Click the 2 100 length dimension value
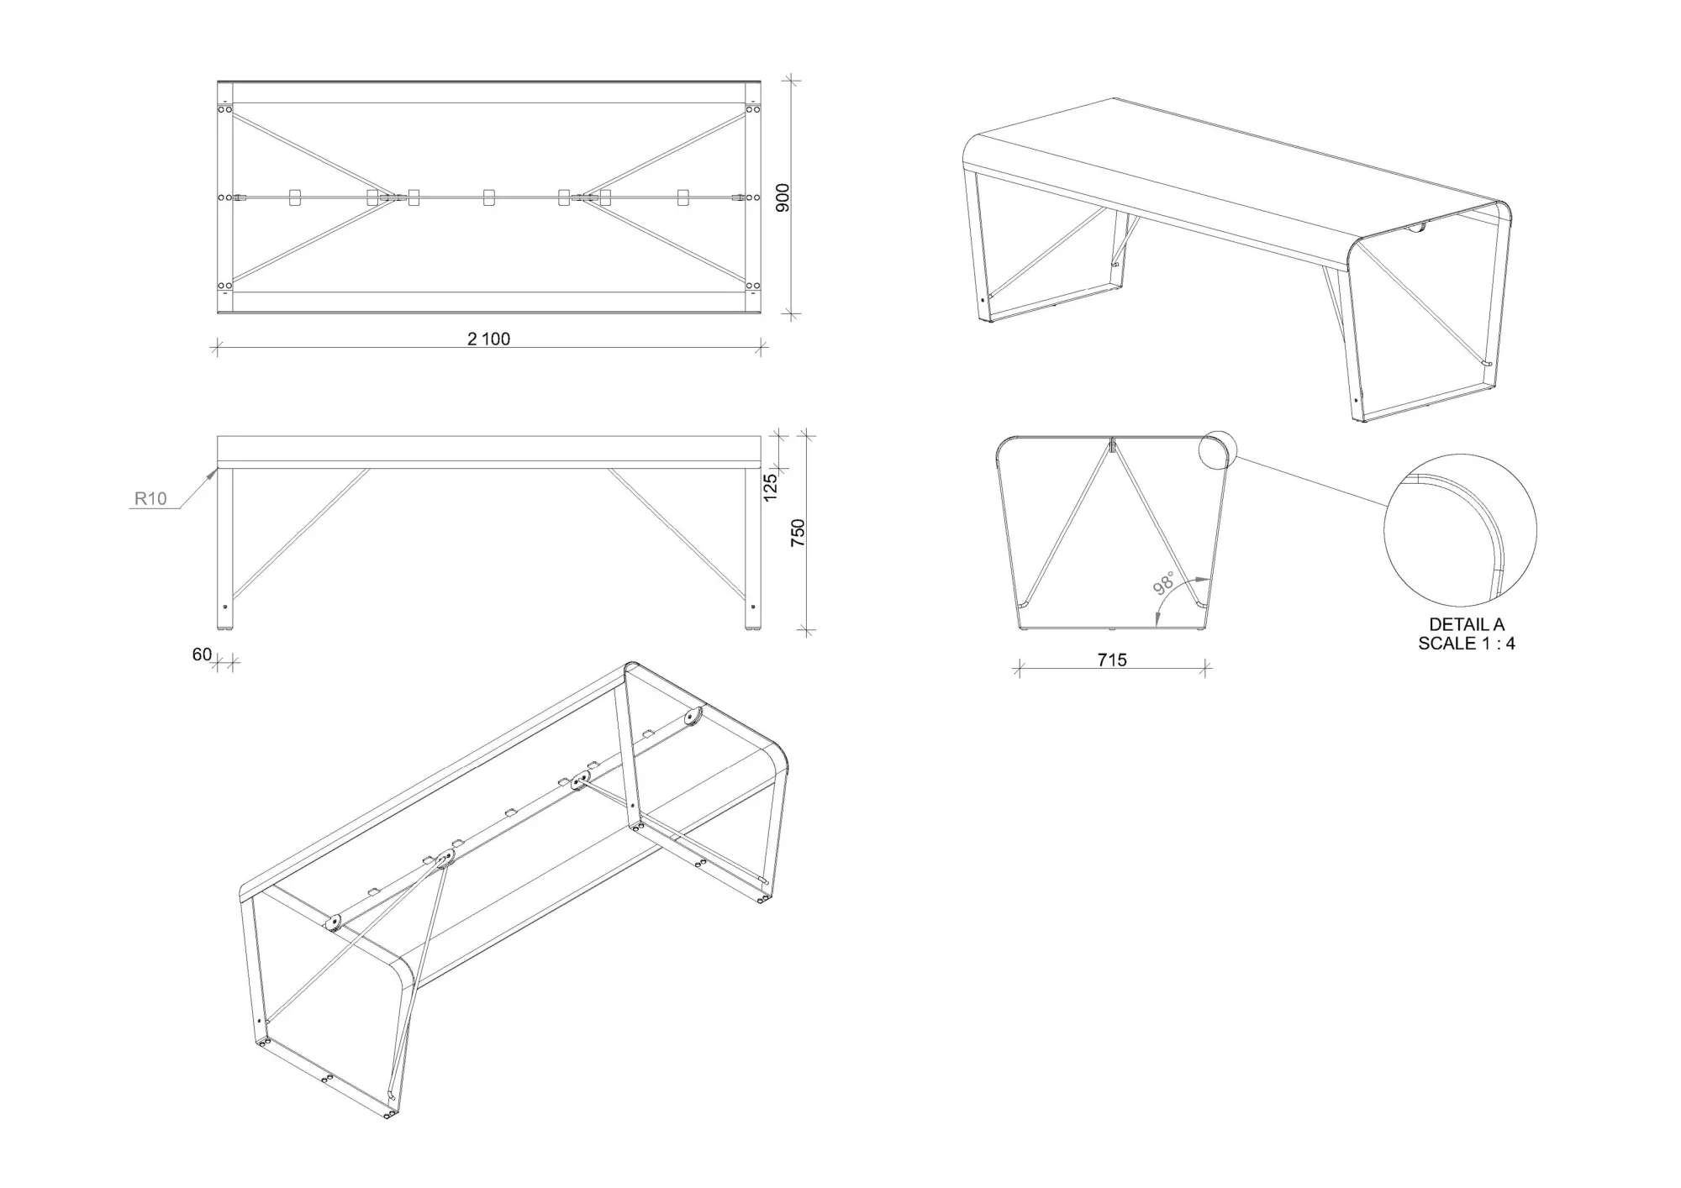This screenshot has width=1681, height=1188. pos(488,339)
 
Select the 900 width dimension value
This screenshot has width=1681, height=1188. pos(783,197)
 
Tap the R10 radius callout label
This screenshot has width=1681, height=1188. pos(150,499)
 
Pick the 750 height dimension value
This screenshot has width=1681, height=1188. pos(798,533)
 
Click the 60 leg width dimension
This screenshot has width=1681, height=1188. pos(202,654)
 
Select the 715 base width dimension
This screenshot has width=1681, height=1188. pos(1111,660)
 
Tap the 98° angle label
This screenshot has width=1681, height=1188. pos(1164,583)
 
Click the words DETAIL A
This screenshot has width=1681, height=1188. pos(1467,625)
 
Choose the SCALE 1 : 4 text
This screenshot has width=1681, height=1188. pos(1467,644)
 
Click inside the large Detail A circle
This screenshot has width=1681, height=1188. pos(1460,529)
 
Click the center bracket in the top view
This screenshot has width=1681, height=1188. pos(489,197)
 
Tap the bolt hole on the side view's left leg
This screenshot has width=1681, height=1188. pos(224,606)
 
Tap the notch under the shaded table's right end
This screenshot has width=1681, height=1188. pos(1419,228)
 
